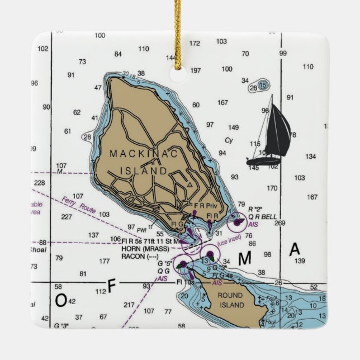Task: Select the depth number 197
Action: click(195, 70)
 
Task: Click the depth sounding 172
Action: click(195, 43)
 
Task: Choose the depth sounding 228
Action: click(39, 183)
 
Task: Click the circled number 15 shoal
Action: click(262, 85)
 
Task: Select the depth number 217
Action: click(129, 305)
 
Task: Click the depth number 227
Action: click(66, 217)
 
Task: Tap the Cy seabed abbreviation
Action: click(229, 141)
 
